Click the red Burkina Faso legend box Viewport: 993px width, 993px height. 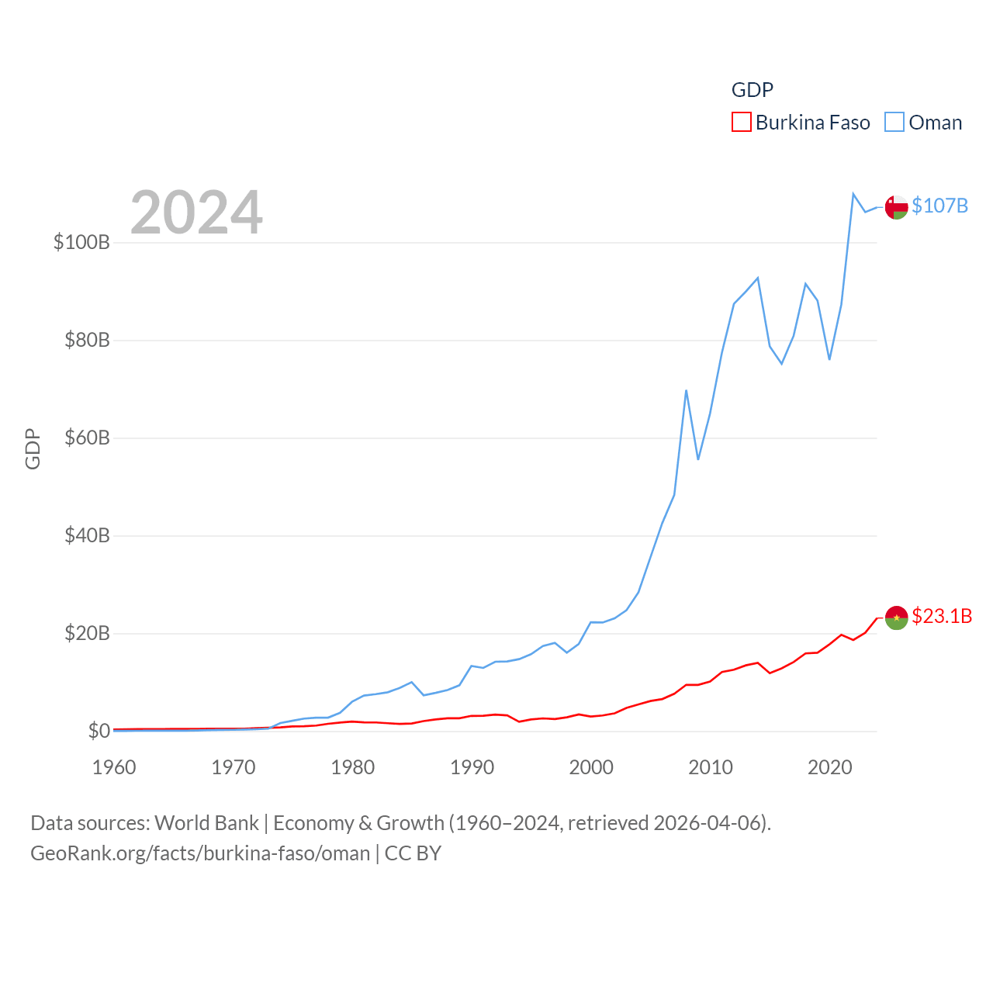coord(742,123)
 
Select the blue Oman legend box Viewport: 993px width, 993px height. coord(894,123)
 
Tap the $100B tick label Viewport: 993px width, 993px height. coord(81,242)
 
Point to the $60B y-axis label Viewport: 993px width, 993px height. coord(87,438)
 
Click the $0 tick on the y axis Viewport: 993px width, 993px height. coord(99,731)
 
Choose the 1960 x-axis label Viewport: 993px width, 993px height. coord(114,767)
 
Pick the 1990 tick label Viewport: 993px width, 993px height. coord(472,767)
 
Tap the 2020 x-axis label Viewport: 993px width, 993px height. coord(829,767)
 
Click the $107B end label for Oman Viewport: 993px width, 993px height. coord(939,206)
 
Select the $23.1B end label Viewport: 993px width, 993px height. coord(942,616)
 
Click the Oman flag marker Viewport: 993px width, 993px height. coord(896,207)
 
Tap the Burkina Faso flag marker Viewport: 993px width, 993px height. coord(896,618)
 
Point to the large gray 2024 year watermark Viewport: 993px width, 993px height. coord(196,213)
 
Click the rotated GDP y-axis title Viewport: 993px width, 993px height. coord(33,448)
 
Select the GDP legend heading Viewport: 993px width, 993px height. coord(752,90)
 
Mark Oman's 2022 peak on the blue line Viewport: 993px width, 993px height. coord(853,194)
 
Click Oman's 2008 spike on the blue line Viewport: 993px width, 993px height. coord(686,390)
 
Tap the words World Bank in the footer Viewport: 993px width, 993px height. coord(206,822)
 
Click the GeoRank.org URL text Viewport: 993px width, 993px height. coord(200,853)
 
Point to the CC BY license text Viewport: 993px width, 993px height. coord(413,853)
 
